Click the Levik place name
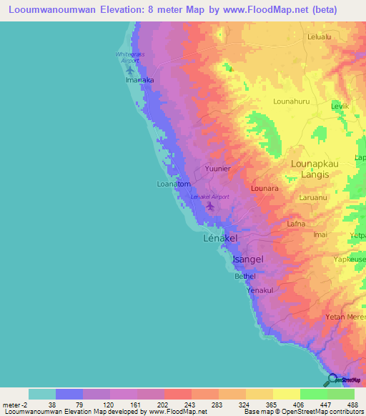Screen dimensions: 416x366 pyautogui.click(x=340, y=106)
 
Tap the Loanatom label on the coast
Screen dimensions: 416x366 pyautogui.click(x=173, y=184)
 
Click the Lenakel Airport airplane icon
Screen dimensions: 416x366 pyautogui.click(x=210, y=207)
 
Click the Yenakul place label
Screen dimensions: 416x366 pyautogui.click(x=260, y=290)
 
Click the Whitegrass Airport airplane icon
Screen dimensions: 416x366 pyautogui.click(x=129, y=70)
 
